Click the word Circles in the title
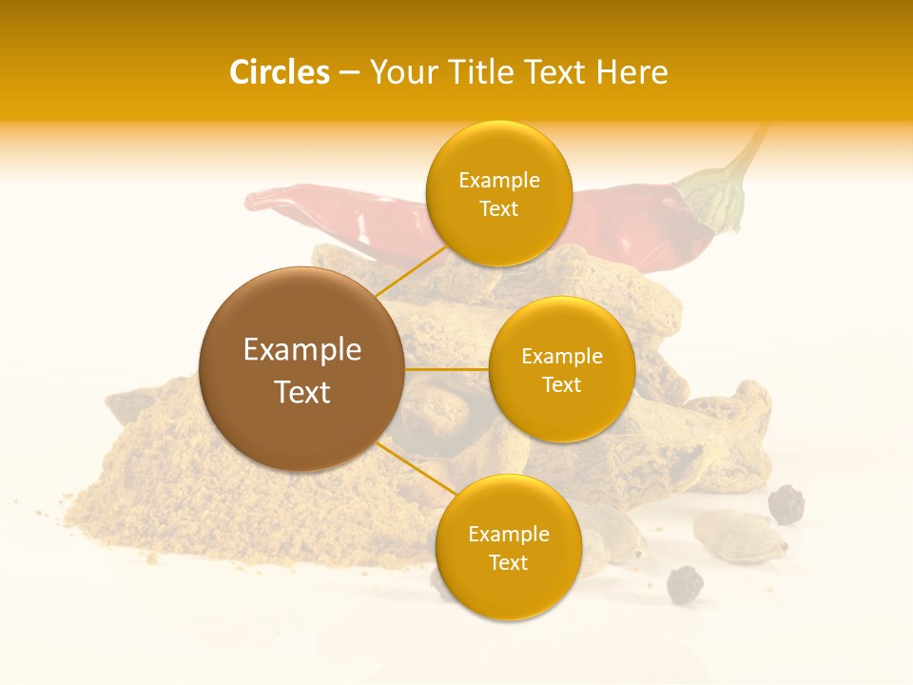pos(279,72)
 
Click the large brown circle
pos(301,369)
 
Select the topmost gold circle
pos(498,194)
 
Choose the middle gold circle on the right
pos(561,369)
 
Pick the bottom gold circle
pos(508,547)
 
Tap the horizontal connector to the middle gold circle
pos(446,369)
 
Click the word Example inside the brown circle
pos(301,350)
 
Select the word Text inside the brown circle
pos(301,392)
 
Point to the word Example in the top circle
pos(498,181)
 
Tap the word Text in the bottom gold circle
pos(508,562)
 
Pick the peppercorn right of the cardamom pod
pos(786,504)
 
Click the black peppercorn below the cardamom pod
pos(684,584)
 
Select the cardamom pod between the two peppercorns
pos(739,535)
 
